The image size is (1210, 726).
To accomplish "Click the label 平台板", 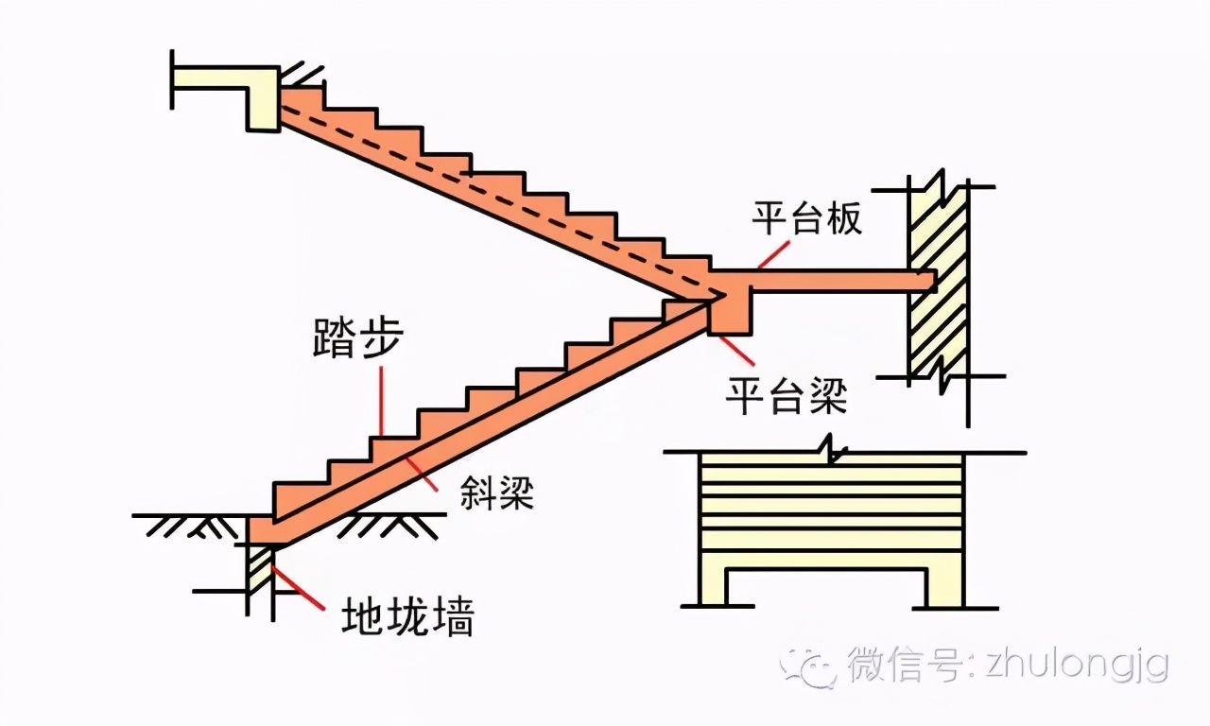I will [x=806, y=219].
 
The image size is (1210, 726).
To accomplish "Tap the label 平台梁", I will [x=786, y=395].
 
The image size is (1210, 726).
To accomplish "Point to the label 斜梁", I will [x=497, y=492].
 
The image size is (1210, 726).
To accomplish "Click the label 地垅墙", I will [x=407, y=617].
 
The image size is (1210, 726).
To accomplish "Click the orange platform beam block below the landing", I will [x=731, y=317].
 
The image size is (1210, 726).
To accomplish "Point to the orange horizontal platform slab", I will [x=832, y=280].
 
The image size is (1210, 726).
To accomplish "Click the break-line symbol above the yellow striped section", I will [x=829, y=448].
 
